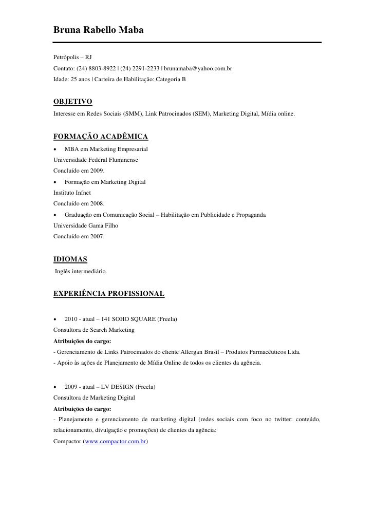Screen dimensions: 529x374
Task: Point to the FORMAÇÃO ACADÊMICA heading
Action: point(101,136)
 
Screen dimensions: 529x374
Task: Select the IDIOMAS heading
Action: point(70,259)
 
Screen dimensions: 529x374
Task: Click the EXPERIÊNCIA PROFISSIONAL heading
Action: point(109,294)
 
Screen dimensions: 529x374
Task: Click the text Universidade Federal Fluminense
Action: point(96,160)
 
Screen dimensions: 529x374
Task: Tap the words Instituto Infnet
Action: point(72,193)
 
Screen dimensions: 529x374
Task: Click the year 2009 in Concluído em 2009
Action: point(97,171)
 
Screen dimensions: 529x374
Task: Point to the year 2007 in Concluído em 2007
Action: point(97,237)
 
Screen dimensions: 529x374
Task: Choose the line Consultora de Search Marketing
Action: point(94,330)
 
